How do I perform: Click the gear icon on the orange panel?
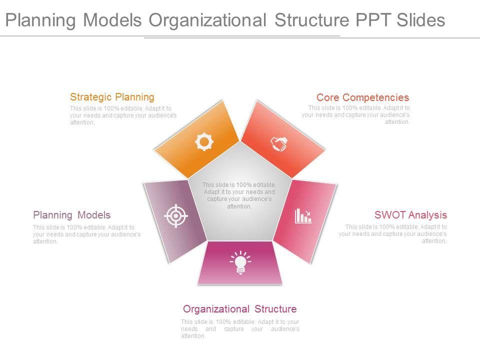203,142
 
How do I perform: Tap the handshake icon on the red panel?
279,144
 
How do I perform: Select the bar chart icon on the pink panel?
303,216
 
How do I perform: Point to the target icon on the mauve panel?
175,216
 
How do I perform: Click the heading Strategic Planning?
112,97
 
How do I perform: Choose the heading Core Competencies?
362,97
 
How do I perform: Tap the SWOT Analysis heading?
410,215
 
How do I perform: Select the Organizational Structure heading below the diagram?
239,309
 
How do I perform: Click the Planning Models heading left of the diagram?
71,215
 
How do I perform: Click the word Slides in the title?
420,20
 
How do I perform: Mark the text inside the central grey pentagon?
239,195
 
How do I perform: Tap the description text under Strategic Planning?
123,115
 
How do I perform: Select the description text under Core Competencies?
356,114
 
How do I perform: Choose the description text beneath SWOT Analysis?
393,233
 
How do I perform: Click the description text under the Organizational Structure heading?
240,328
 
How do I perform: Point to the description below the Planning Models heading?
86,234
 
